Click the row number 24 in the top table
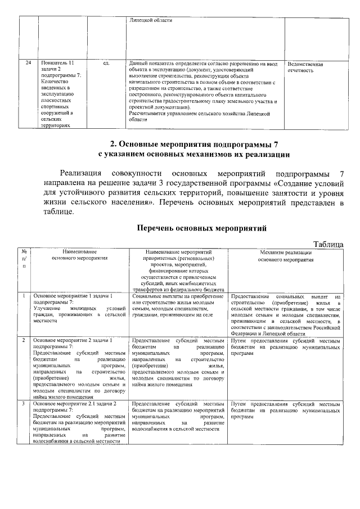[28, 64]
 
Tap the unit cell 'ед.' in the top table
[106, 64]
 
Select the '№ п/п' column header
[25, 259]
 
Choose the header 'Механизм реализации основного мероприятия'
[286, 256]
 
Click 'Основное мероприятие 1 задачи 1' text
[73, 295]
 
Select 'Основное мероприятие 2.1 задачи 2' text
[75, 404]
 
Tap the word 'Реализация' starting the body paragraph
[81, 172]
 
